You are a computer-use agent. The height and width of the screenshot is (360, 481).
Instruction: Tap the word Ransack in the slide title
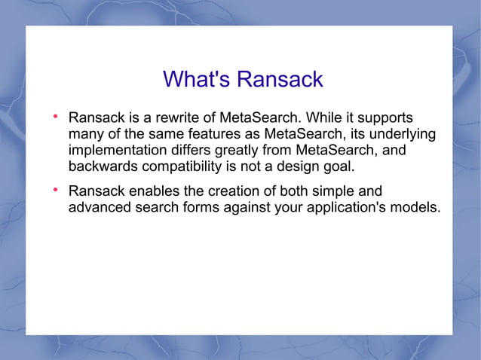coord(279,78)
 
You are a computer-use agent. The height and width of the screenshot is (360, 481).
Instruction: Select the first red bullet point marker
coord(56,117)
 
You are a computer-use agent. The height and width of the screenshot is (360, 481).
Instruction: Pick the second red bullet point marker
coord(56,191)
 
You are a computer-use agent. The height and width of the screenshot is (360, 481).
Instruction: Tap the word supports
coord(386,118)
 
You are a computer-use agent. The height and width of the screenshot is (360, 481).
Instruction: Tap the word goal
coord(338,166)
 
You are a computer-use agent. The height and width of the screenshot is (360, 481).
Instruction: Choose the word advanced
coord(101,207)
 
